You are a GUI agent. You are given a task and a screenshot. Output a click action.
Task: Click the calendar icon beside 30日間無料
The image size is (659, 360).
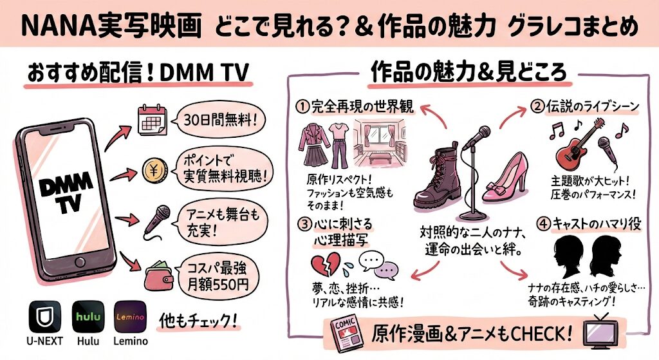pyautogui.click(x=153, y=120)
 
